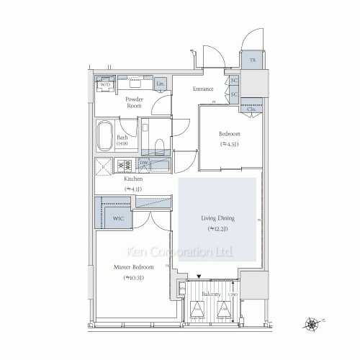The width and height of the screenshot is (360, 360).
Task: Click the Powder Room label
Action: pos(134,102)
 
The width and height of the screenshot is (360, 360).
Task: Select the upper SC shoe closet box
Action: pos(234,81)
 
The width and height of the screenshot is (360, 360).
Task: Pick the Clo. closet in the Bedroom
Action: pos(251,110)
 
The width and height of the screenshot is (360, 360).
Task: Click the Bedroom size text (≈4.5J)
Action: pos(230,144)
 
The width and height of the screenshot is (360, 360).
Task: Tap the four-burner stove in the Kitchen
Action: pos(124,166)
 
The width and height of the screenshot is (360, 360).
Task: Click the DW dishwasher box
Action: pos(144,163)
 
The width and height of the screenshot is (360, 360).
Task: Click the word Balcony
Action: pos(211,294)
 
